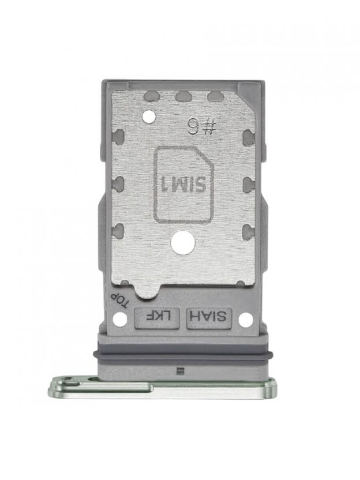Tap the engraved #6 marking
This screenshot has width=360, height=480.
(202, 127)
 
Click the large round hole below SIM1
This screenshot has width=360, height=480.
(183, 243)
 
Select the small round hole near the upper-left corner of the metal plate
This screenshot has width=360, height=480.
(149, 116)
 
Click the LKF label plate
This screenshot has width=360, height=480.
(157, 318)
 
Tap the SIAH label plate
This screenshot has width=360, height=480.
(209, 318)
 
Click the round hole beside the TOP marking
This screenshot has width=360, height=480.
(119, 320)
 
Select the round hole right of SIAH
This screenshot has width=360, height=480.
(246, 320)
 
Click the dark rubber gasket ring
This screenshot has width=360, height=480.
(183, 354)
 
